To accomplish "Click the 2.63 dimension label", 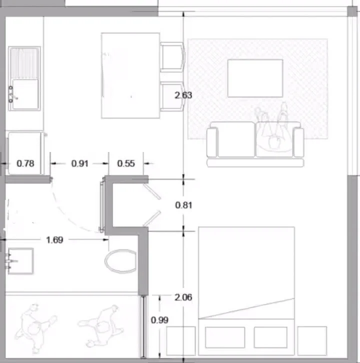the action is [183, 95].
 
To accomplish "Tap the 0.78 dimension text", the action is [25, 163].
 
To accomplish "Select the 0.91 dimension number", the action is [80, 163].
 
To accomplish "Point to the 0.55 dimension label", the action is [126, 163].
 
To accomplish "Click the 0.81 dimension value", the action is [183, 205].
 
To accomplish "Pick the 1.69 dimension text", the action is [54, 240].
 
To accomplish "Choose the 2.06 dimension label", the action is [183, 297].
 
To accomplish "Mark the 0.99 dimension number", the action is [159, 320].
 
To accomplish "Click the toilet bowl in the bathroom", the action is [120, 261].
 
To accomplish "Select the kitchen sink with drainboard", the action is [24, 78].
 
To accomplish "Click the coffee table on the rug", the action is [255, 78].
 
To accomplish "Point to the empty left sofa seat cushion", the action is [236, 139].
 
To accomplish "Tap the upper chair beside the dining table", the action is [172, 56].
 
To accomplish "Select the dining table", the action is [130, 75].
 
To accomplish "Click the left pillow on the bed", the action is [225, 337].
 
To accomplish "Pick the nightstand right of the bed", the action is [312, 341].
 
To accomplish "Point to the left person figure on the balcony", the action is [34, 328].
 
